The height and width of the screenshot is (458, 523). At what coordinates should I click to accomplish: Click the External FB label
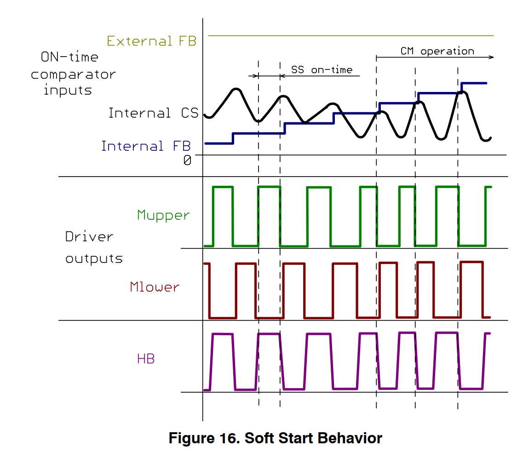pyautogui.click(x=151, y=41)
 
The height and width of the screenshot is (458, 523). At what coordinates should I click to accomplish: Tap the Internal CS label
pyautogui.click(x=153, y=113)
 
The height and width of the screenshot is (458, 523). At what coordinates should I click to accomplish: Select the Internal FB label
pyautogui.click(x=146, y=146)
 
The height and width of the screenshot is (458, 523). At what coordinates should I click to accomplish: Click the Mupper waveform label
pyautogui.click(x=163, y=215)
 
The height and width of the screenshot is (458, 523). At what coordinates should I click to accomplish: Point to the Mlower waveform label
pyautogui.click(x=155, y=287)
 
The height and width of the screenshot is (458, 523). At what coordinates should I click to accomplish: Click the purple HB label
pyautogui.click(x=146, y=359)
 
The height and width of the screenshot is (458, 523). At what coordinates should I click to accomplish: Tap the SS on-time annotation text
pyautogui.click(x=322, y=70)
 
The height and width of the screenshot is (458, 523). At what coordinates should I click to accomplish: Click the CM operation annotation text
pyautogui.click(x=437, y=51)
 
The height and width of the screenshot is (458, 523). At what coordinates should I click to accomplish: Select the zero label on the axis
pyautogui.click(x=187, y=160)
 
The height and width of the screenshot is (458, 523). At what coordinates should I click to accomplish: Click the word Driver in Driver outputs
pyautogui.click(x=89, y=237)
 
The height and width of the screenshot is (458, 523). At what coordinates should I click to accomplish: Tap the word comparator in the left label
pyautogui.click(x=73, y=74)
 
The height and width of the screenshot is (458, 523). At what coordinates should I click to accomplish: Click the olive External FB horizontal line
pyautogui.click(x=350, y=35)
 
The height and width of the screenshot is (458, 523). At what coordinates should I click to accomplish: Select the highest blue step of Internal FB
pyautogui.click(x=474, y=83)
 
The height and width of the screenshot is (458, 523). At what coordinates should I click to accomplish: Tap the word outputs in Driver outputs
pyautogui.click(x=94, y=259)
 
